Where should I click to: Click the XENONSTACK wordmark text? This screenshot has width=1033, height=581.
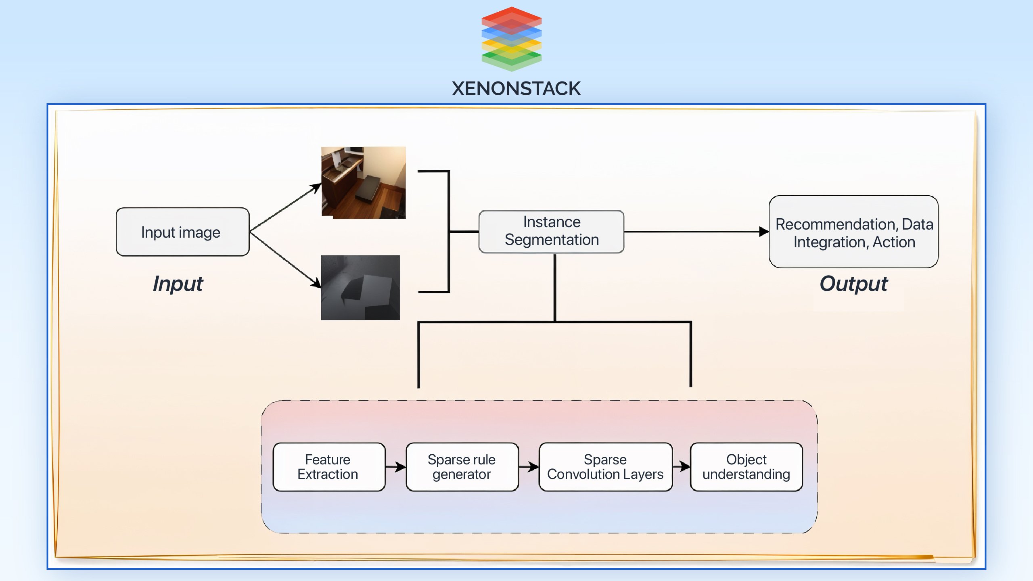(516, 89)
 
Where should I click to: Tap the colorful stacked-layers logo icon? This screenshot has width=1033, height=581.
(511, 39)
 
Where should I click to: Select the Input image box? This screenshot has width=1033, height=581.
(182, 232)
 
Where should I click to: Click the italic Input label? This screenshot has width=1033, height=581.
(178, 284)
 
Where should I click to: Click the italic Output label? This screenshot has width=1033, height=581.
(853, 284)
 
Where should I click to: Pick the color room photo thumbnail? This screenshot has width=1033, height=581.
(363, 183)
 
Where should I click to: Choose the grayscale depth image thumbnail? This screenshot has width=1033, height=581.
(360, 288)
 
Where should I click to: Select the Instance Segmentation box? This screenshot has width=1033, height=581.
(551, 232)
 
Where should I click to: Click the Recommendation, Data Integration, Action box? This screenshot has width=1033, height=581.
(853, 232)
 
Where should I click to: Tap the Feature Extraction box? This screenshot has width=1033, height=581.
(328, 467)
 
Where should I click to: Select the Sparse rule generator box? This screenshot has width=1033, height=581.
(462, 467)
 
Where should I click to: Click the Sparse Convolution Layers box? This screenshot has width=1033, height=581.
(605, 467)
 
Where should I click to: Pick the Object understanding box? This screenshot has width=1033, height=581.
(746, 467)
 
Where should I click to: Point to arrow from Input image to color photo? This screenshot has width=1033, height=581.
(285, 208)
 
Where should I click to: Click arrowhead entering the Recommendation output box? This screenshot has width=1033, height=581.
(763, 232)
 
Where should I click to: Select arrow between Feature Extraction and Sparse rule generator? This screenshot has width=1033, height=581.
(395, 467)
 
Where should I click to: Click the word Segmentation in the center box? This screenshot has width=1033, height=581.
(551, 240)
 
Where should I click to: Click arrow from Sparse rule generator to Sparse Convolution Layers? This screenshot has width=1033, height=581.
(529, 467)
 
